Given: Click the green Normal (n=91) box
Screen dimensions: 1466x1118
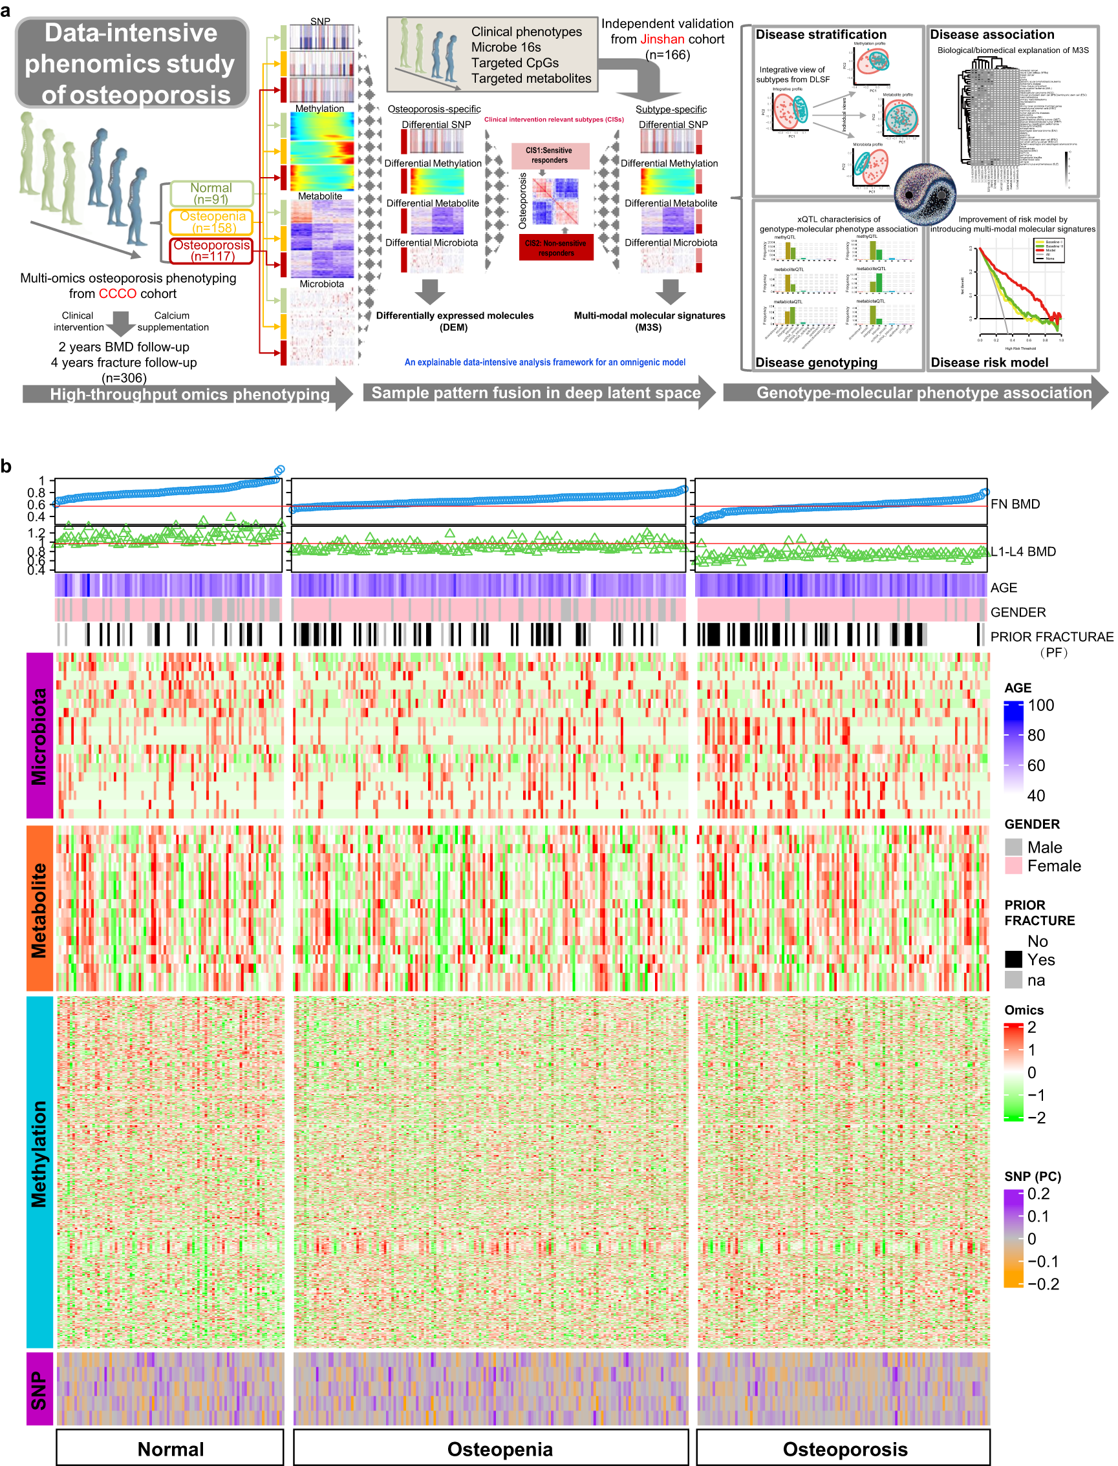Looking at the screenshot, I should point(211,193).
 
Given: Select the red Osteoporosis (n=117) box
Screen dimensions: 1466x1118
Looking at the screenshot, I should point(211,250).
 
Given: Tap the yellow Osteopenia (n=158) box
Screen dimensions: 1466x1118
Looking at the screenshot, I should point(211,222).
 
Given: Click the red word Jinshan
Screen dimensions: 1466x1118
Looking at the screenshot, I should point(661,39).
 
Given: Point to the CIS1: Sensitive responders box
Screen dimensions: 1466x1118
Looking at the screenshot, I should point(550,156).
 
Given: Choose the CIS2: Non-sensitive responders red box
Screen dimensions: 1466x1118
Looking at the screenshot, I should point(555,248).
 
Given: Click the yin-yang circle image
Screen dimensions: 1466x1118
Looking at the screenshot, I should point(925,194).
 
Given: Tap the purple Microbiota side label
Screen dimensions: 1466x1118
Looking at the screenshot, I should point(39,735).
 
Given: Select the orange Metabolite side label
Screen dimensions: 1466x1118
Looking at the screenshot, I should point(39,909).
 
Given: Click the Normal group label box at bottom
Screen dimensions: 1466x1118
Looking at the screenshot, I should point(169,1449).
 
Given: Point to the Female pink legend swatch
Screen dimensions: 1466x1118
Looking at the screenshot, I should point(1013,866).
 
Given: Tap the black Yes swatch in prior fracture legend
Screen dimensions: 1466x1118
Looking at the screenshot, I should point(1013,959).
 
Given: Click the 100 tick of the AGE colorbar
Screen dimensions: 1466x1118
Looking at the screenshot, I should point(1041,705).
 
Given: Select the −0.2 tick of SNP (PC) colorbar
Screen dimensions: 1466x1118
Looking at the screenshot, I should point(1042,1284).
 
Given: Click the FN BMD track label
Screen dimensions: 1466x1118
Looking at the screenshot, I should point(1015,504).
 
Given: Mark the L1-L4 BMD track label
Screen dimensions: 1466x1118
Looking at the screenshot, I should point(1023,551).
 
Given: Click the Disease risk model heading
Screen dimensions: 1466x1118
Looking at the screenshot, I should point(989,363).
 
